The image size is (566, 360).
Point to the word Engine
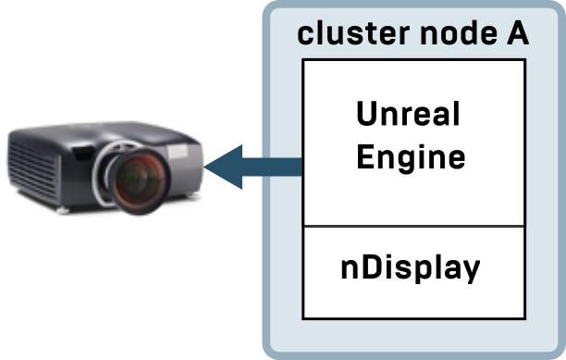[410, 156]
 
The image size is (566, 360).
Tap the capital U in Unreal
[367, 117]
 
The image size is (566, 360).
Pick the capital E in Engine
[364, 155]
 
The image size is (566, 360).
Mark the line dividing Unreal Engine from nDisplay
[413, 225]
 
